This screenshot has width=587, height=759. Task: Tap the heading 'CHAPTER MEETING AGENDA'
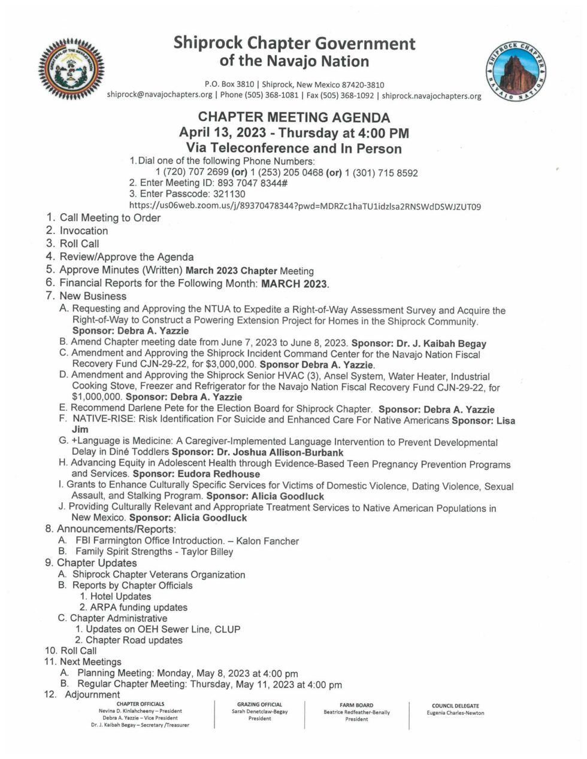294,118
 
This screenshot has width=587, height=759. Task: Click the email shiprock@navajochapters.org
159,95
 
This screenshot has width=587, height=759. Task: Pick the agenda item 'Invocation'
84,231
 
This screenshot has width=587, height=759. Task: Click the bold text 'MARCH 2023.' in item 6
295,284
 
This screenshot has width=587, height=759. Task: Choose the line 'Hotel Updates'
120,597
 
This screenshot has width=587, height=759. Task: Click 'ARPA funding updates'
138,608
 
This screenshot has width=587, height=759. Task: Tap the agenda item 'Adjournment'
92,695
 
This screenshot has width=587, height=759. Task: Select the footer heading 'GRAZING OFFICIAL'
259,705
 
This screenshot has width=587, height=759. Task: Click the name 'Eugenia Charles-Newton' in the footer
455,713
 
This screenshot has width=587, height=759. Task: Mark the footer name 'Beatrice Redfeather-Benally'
356,713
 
